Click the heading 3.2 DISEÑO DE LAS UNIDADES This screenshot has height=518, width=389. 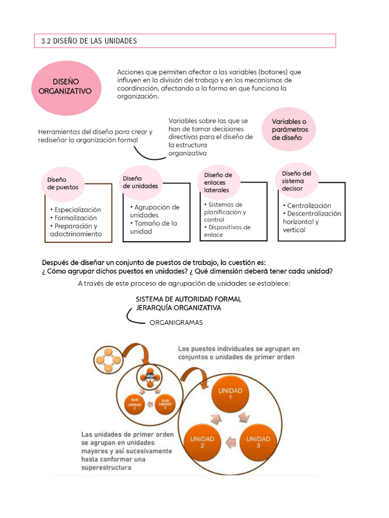[89, 41]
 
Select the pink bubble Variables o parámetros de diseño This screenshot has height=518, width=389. [293, 129]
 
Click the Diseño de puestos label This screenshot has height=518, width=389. [62, 183]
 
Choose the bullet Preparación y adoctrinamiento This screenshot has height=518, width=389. [76, 230]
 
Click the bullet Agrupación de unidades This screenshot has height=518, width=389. [155, 211]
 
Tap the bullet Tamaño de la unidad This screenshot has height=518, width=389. [154, 227]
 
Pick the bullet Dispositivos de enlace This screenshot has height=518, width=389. [228, 231]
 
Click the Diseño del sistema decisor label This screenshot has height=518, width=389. [297, 181]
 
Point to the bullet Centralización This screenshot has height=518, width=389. [309, 206]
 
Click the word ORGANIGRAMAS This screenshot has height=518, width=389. [176, 322]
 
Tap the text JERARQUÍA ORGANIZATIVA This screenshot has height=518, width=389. [178, 308]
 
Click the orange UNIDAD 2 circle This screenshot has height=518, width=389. [201, 442]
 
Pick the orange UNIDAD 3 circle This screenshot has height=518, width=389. [258, 442]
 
